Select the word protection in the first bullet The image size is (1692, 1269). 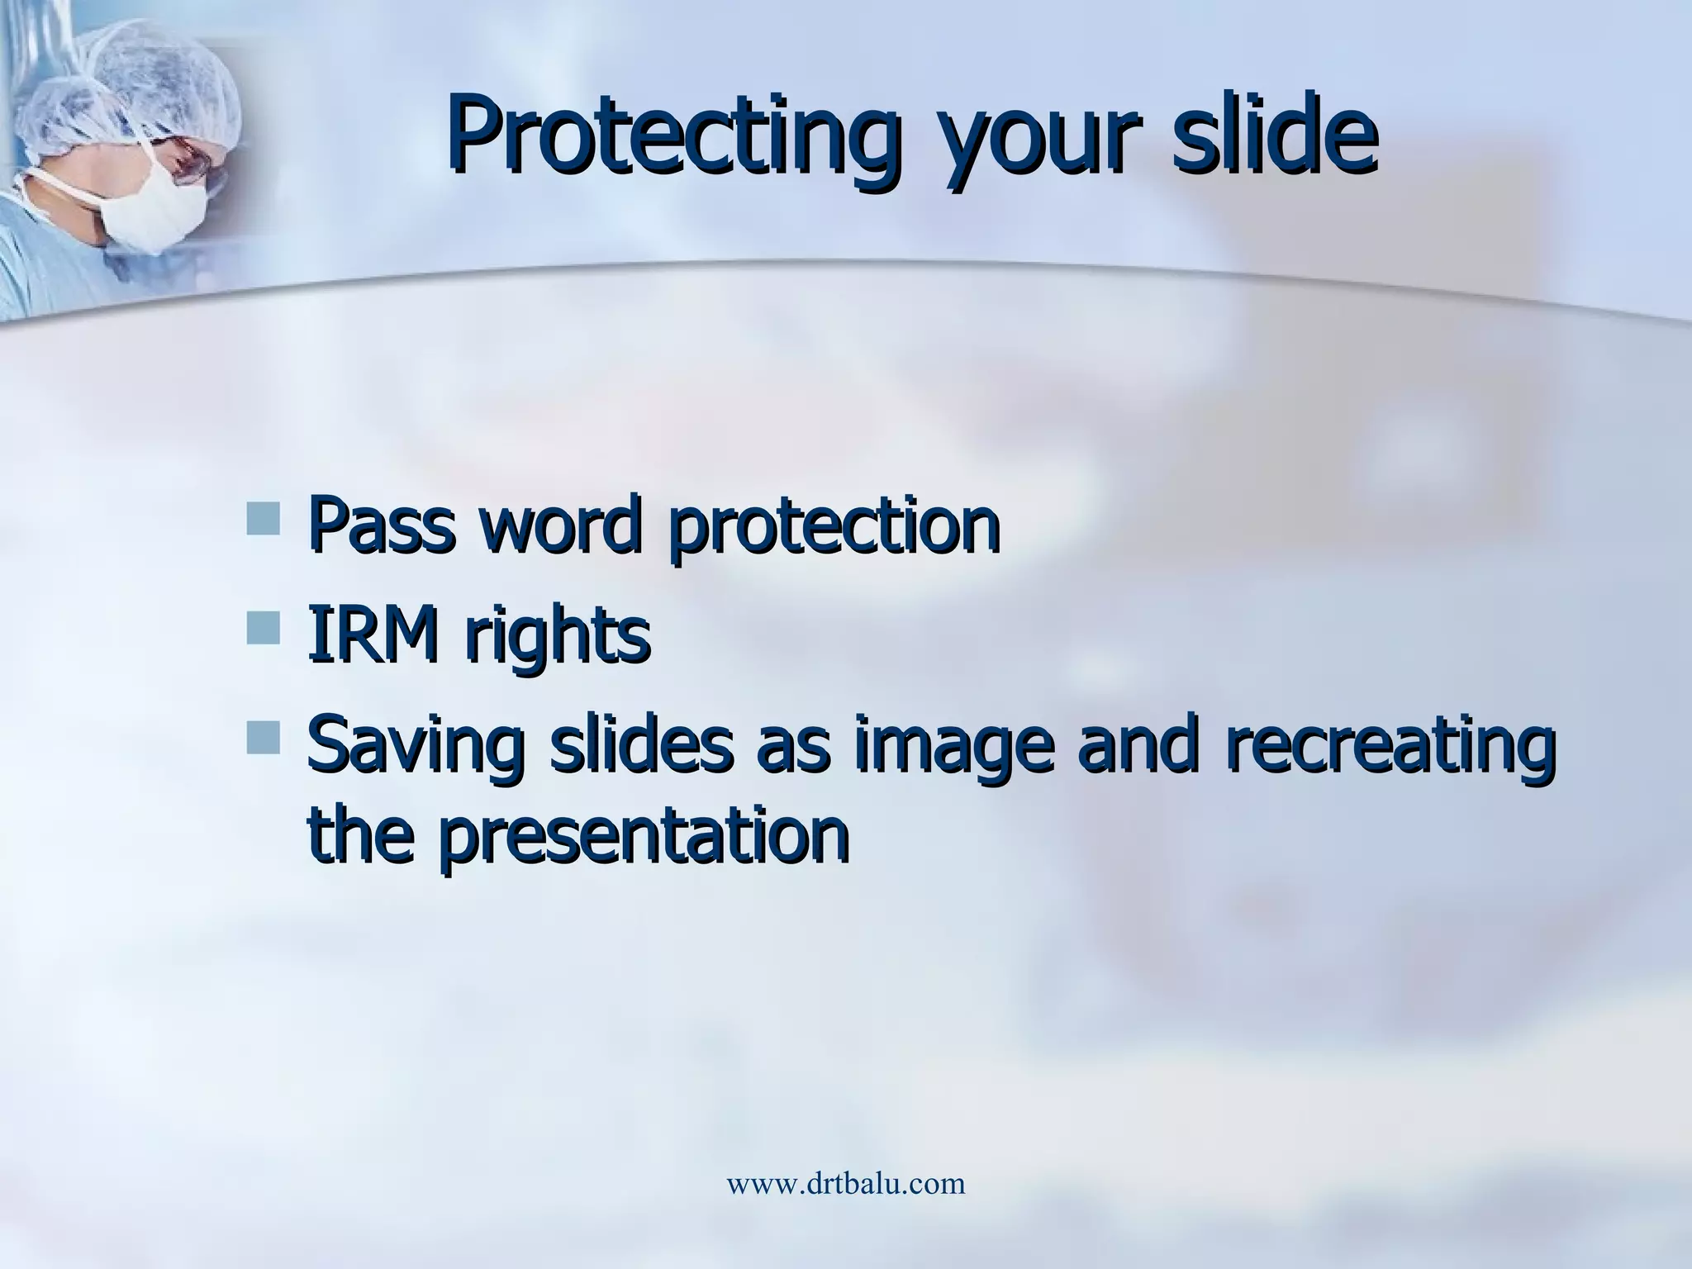click(x=834, y=529)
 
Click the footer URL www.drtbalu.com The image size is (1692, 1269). click(x=845, y=1184)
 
